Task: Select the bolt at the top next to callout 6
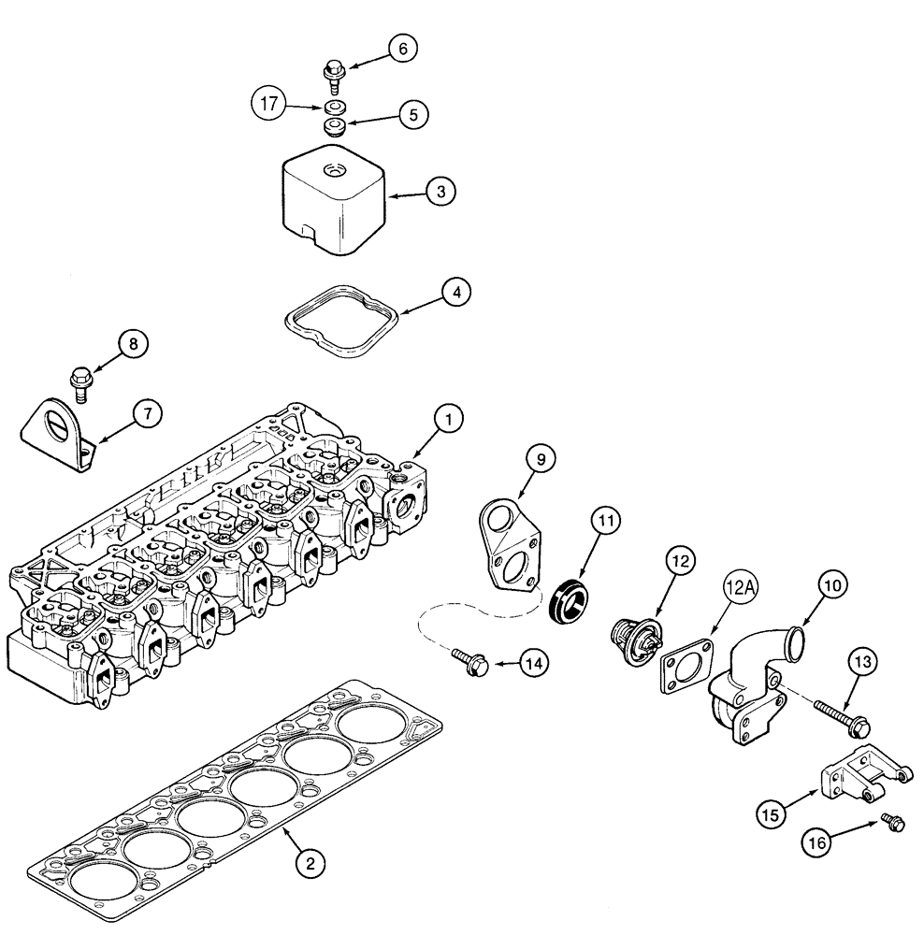[x=333, y=71]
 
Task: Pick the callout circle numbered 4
[x=455, y=293]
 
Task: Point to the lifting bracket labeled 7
[x=58, y=433]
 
